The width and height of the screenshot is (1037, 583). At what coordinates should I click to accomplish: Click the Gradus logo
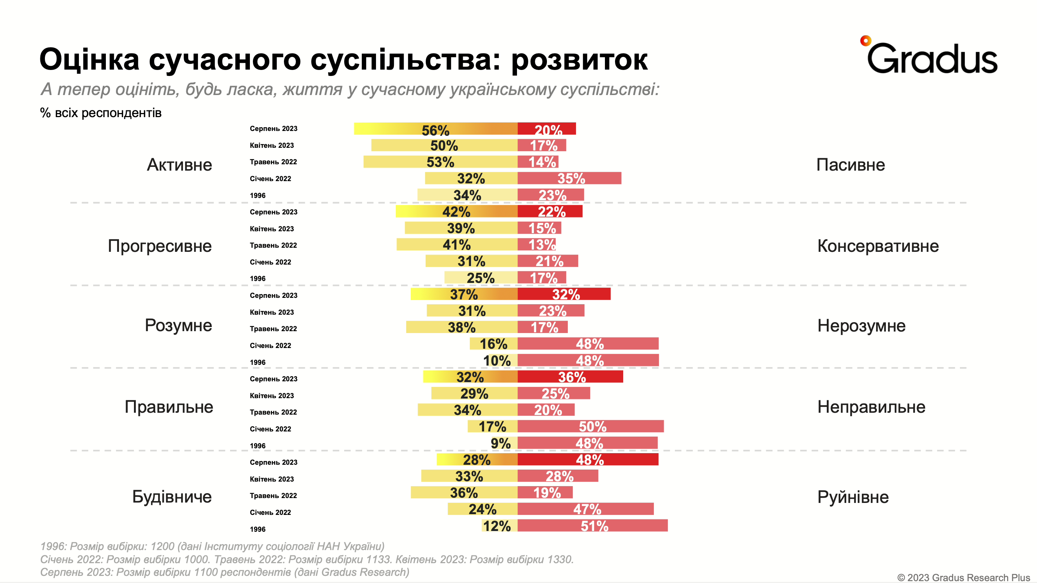pos(930,57)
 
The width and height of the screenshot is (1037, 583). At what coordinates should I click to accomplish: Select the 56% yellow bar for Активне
pos(435,129)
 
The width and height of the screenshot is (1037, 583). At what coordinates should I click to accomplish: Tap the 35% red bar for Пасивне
pos(569,178)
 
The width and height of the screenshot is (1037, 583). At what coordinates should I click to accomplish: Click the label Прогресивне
pos(159,246)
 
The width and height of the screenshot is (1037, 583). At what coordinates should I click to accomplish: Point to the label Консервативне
pos(878,246)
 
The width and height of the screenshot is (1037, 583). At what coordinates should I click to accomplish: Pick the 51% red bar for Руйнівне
pos(592,525)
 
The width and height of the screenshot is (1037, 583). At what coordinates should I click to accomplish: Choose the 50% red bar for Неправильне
pos(591,426)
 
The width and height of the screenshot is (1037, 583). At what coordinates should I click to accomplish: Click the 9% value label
pos(501,443)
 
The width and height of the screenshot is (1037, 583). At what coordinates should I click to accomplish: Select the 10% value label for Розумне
pos(497,360)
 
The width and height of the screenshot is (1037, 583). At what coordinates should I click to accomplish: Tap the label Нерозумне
pos(861,325)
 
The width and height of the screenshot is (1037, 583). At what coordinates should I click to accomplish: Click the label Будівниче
pos(172,497)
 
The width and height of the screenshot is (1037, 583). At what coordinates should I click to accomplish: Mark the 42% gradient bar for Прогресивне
pos(456,211)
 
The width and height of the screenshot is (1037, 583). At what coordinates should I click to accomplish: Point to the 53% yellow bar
pos(440,162)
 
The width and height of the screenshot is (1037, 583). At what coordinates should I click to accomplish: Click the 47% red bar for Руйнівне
pos(585,509)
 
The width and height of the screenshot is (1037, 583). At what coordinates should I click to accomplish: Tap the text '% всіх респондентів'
pos(101,113)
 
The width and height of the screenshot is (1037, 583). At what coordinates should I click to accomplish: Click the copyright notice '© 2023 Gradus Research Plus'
pos(963,577)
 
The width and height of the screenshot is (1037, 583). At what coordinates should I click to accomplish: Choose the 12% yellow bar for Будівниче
pos(499,525)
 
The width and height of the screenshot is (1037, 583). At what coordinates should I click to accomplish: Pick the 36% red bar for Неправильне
pos(570,377)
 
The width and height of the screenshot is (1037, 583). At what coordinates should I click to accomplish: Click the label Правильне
pos(169,407)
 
